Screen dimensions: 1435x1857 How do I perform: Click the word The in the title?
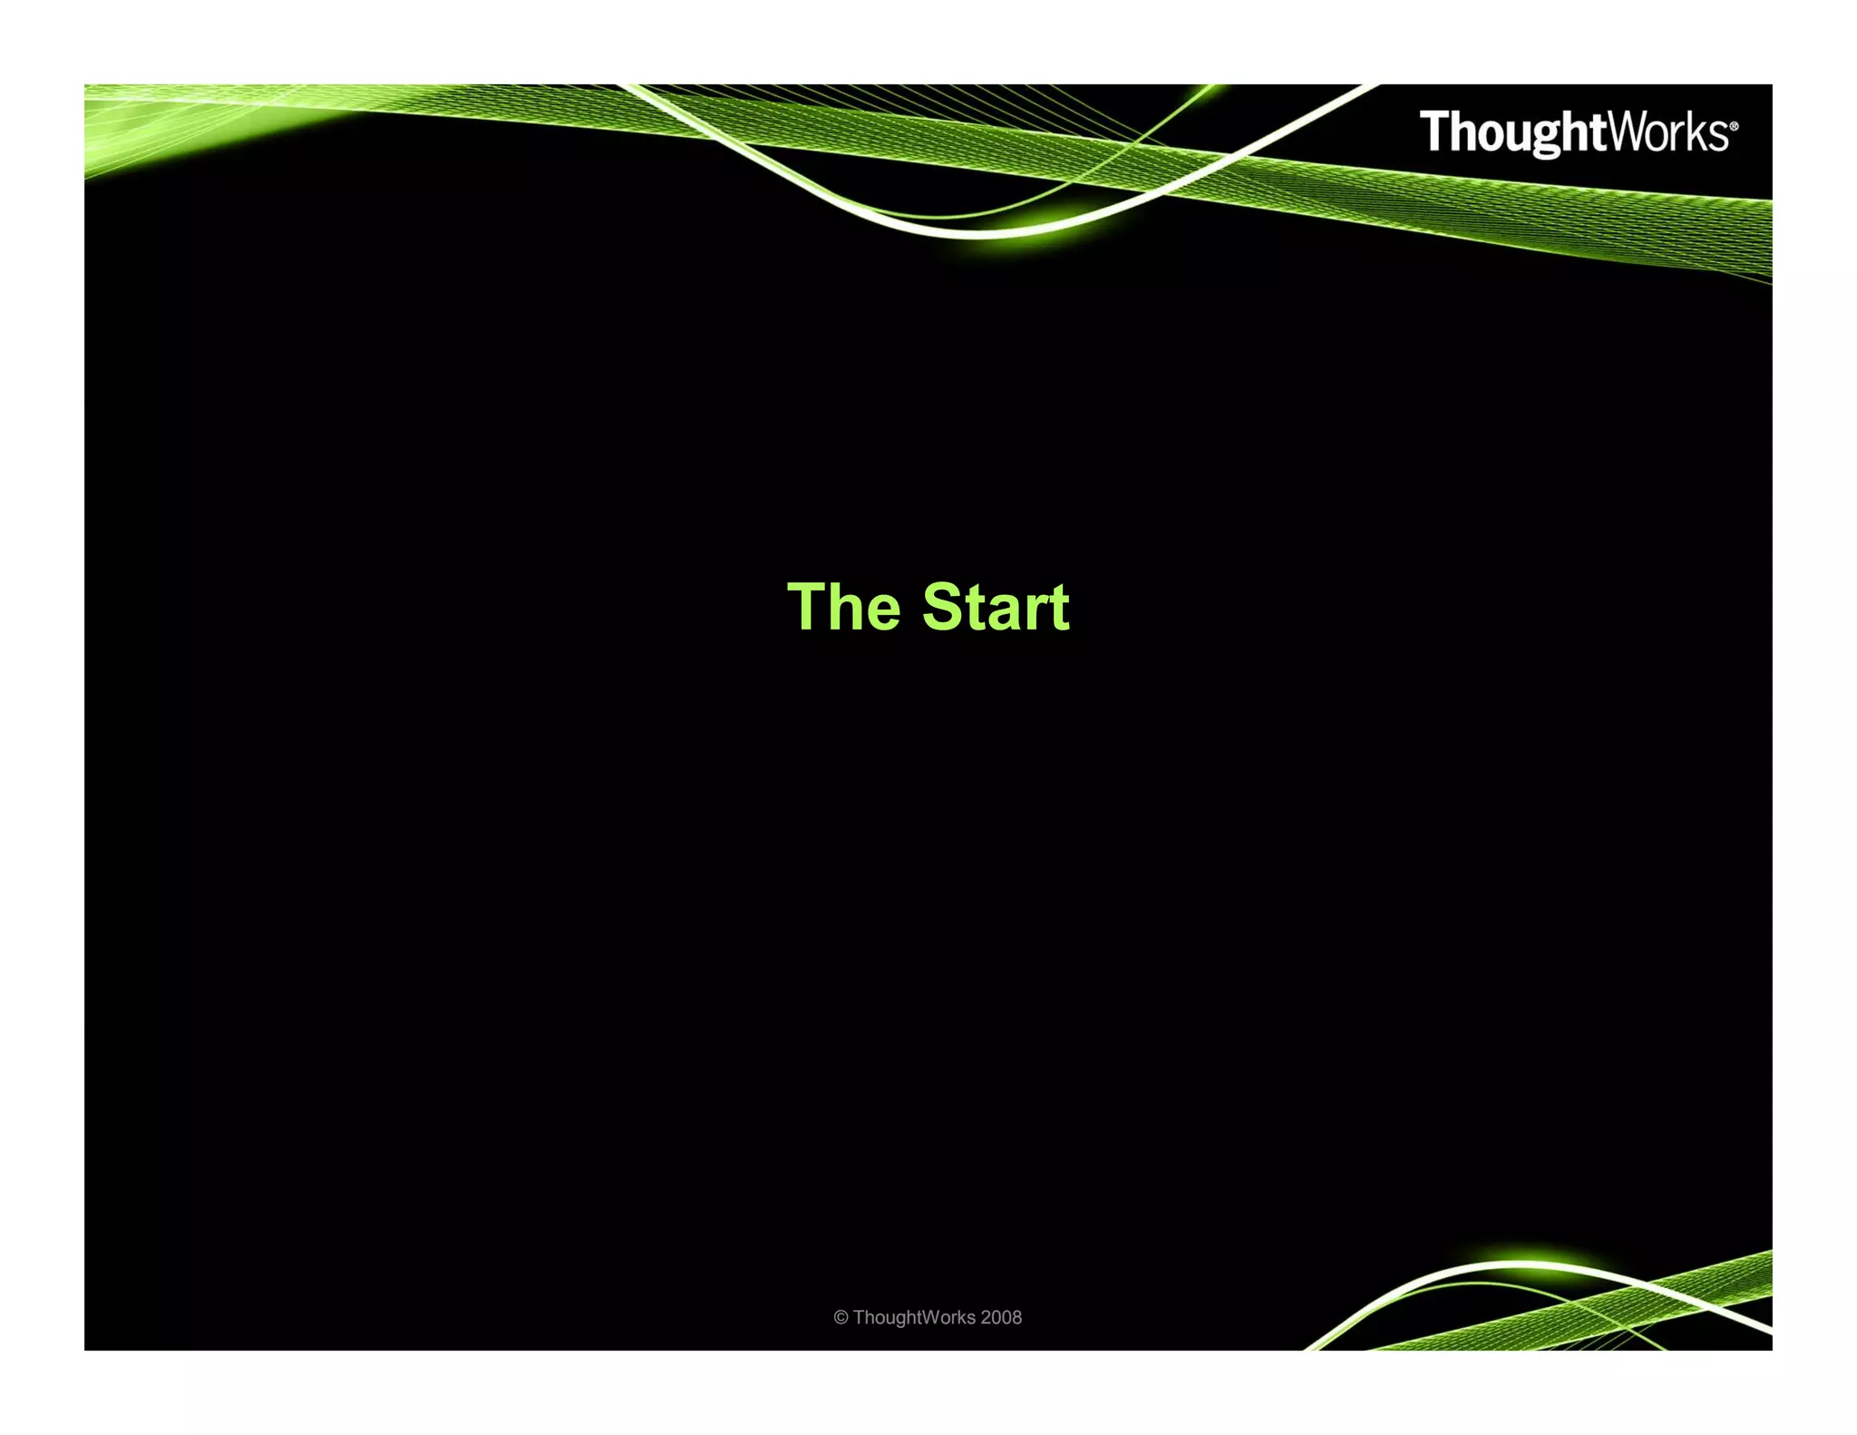(843, 607)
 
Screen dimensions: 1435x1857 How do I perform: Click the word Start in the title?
(996, 607)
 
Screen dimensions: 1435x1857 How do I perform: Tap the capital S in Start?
(944, 607)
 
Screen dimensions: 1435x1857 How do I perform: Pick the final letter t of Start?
(1059, 608)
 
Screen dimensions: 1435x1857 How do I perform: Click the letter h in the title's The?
(845, 607)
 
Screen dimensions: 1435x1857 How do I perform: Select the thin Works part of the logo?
(1667, 132)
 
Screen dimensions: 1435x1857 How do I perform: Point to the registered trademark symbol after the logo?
(1735, 127)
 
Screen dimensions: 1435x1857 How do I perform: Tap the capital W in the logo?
(1629, 132)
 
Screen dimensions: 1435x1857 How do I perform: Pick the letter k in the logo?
(1697, 132)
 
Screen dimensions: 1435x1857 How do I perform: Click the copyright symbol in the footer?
(841, 1318)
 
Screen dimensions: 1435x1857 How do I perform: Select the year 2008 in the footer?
(1001, 1318)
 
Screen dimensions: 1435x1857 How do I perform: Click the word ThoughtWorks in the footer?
(914, 1318)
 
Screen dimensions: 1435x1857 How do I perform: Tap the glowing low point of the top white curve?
(979, 232)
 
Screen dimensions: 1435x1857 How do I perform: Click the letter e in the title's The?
(882, 613)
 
